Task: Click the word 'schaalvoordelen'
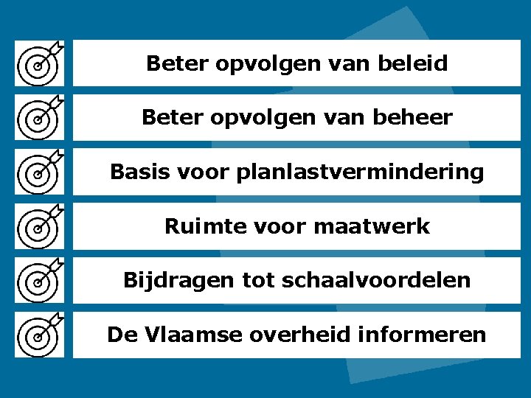[391, 281]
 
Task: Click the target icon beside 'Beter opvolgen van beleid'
[41, 64]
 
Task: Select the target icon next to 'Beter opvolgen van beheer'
[41, 118]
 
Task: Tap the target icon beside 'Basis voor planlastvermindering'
[41, 172]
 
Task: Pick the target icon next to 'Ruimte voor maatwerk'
[41, 227]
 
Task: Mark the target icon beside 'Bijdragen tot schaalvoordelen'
[41, 281]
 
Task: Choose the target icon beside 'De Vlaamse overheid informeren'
[41, 335]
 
